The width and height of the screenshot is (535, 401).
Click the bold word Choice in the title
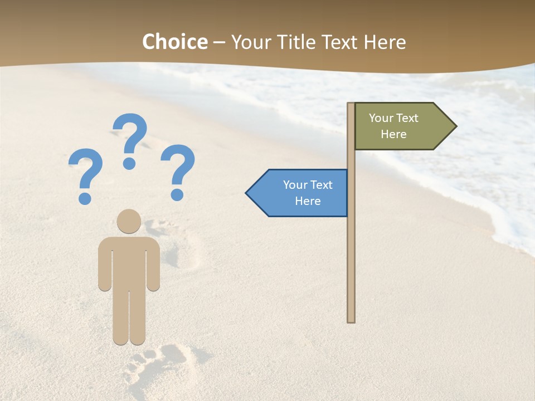tap(174, 42)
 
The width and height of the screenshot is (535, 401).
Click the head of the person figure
tap(129, 221)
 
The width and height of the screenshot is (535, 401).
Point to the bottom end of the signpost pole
tap(351, 320)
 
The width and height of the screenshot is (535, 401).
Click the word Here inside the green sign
tap(393, 134)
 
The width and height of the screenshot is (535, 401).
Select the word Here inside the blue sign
tap(308, 201)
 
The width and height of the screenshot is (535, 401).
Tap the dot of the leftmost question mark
tap(85, 198)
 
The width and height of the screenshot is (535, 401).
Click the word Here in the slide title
tap(385, 42)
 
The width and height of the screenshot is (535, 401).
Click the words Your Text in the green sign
tap(393, 118)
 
